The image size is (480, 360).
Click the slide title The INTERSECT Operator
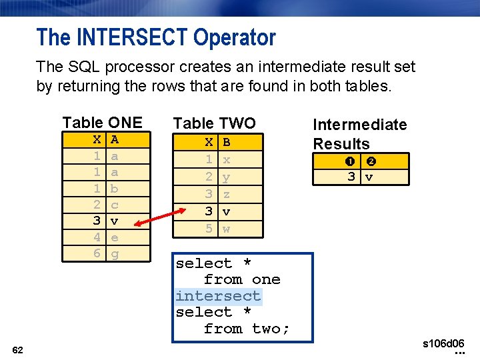point(156,37)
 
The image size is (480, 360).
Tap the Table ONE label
point(102,123)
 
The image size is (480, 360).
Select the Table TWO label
point(214,123)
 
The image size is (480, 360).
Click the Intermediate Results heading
point(359,133)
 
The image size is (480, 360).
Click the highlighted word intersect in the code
point(218,296)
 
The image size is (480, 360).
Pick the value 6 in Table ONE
point(97,253)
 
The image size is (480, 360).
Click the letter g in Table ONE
point(115,254)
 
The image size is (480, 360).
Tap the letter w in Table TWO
point(227,228)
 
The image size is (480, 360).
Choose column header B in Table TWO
point(227,142)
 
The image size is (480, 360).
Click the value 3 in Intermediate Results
point(351,177)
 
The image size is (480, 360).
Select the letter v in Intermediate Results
point(369,177)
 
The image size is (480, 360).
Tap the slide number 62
point(18,349)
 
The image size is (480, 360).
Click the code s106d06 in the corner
point(443,343)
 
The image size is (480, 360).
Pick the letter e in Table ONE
point(115,237)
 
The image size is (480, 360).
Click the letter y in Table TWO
point(227,177)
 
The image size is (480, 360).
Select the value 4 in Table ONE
point(97,237)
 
